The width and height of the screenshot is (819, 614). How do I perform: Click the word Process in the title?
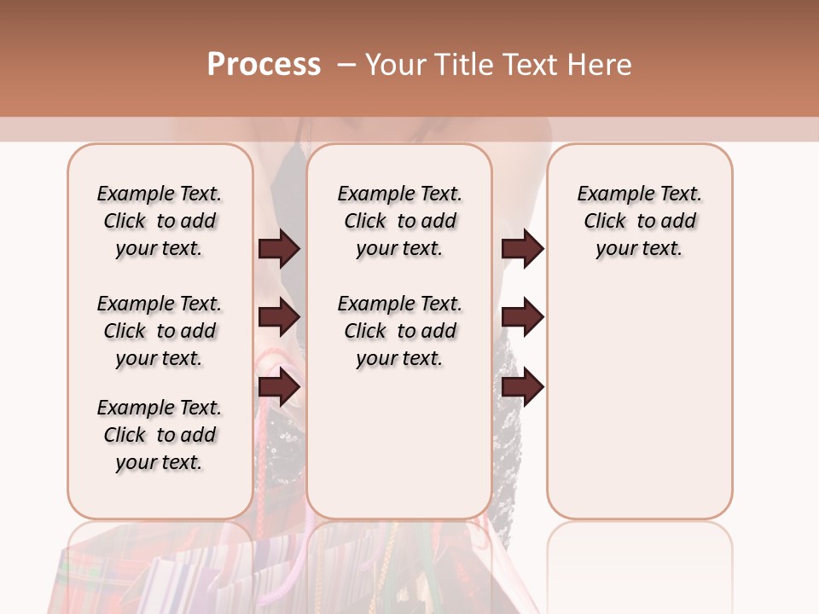[264, 65]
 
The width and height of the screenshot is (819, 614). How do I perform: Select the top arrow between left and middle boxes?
[279, 249]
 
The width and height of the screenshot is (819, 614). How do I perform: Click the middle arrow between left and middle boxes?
[279, 318]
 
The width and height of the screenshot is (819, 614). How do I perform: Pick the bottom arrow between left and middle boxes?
[279, 387]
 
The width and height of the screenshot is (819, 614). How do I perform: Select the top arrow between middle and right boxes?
[522, 249]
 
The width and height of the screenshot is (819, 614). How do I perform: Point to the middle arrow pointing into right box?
[522, 318]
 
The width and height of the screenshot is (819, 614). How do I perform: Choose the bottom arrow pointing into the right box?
[522, 387]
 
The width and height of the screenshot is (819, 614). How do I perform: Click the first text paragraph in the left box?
[160, 221]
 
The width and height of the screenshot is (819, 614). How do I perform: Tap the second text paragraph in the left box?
[160, 331]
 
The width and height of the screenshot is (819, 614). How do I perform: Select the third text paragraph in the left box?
[160, 435]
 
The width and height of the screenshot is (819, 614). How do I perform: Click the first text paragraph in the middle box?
[399, 221]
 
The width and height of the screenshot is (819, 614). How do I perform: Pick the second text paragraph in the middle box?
[399, 331]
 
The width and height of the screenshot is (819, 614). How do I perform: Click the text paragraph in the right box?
[639, 221]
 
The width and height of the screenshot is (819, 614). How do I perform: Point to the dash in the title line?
[346, 65]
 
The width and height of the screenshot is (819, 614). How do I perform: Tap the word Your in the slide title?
[393, 65]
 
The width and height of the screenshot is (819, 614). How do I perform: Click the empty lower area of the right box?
[639, 409]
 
